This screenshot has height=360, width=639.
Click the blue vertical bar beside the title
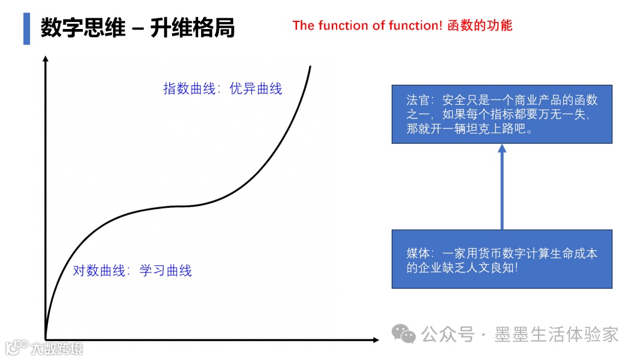[27, 28]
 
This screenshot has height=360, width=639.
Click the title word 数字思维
[83, 28]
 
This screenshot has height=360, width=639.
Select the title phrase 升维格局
[192, 28]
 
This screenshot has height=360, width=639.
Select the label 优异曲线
[256, 89]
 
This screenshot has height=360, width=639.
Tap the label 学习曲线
[166, 271]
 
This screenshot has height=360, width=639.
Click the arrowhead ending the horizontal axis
[375, 339]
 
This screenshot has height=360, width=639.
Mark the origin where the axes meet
[46, 339]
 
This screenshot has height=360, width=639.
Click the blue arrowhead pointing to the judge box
[502, 149]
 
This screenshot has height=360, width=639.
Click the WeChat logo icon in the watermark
[405, 335]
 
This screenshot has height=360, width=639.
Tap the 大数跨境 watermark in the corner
[57, 348]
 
